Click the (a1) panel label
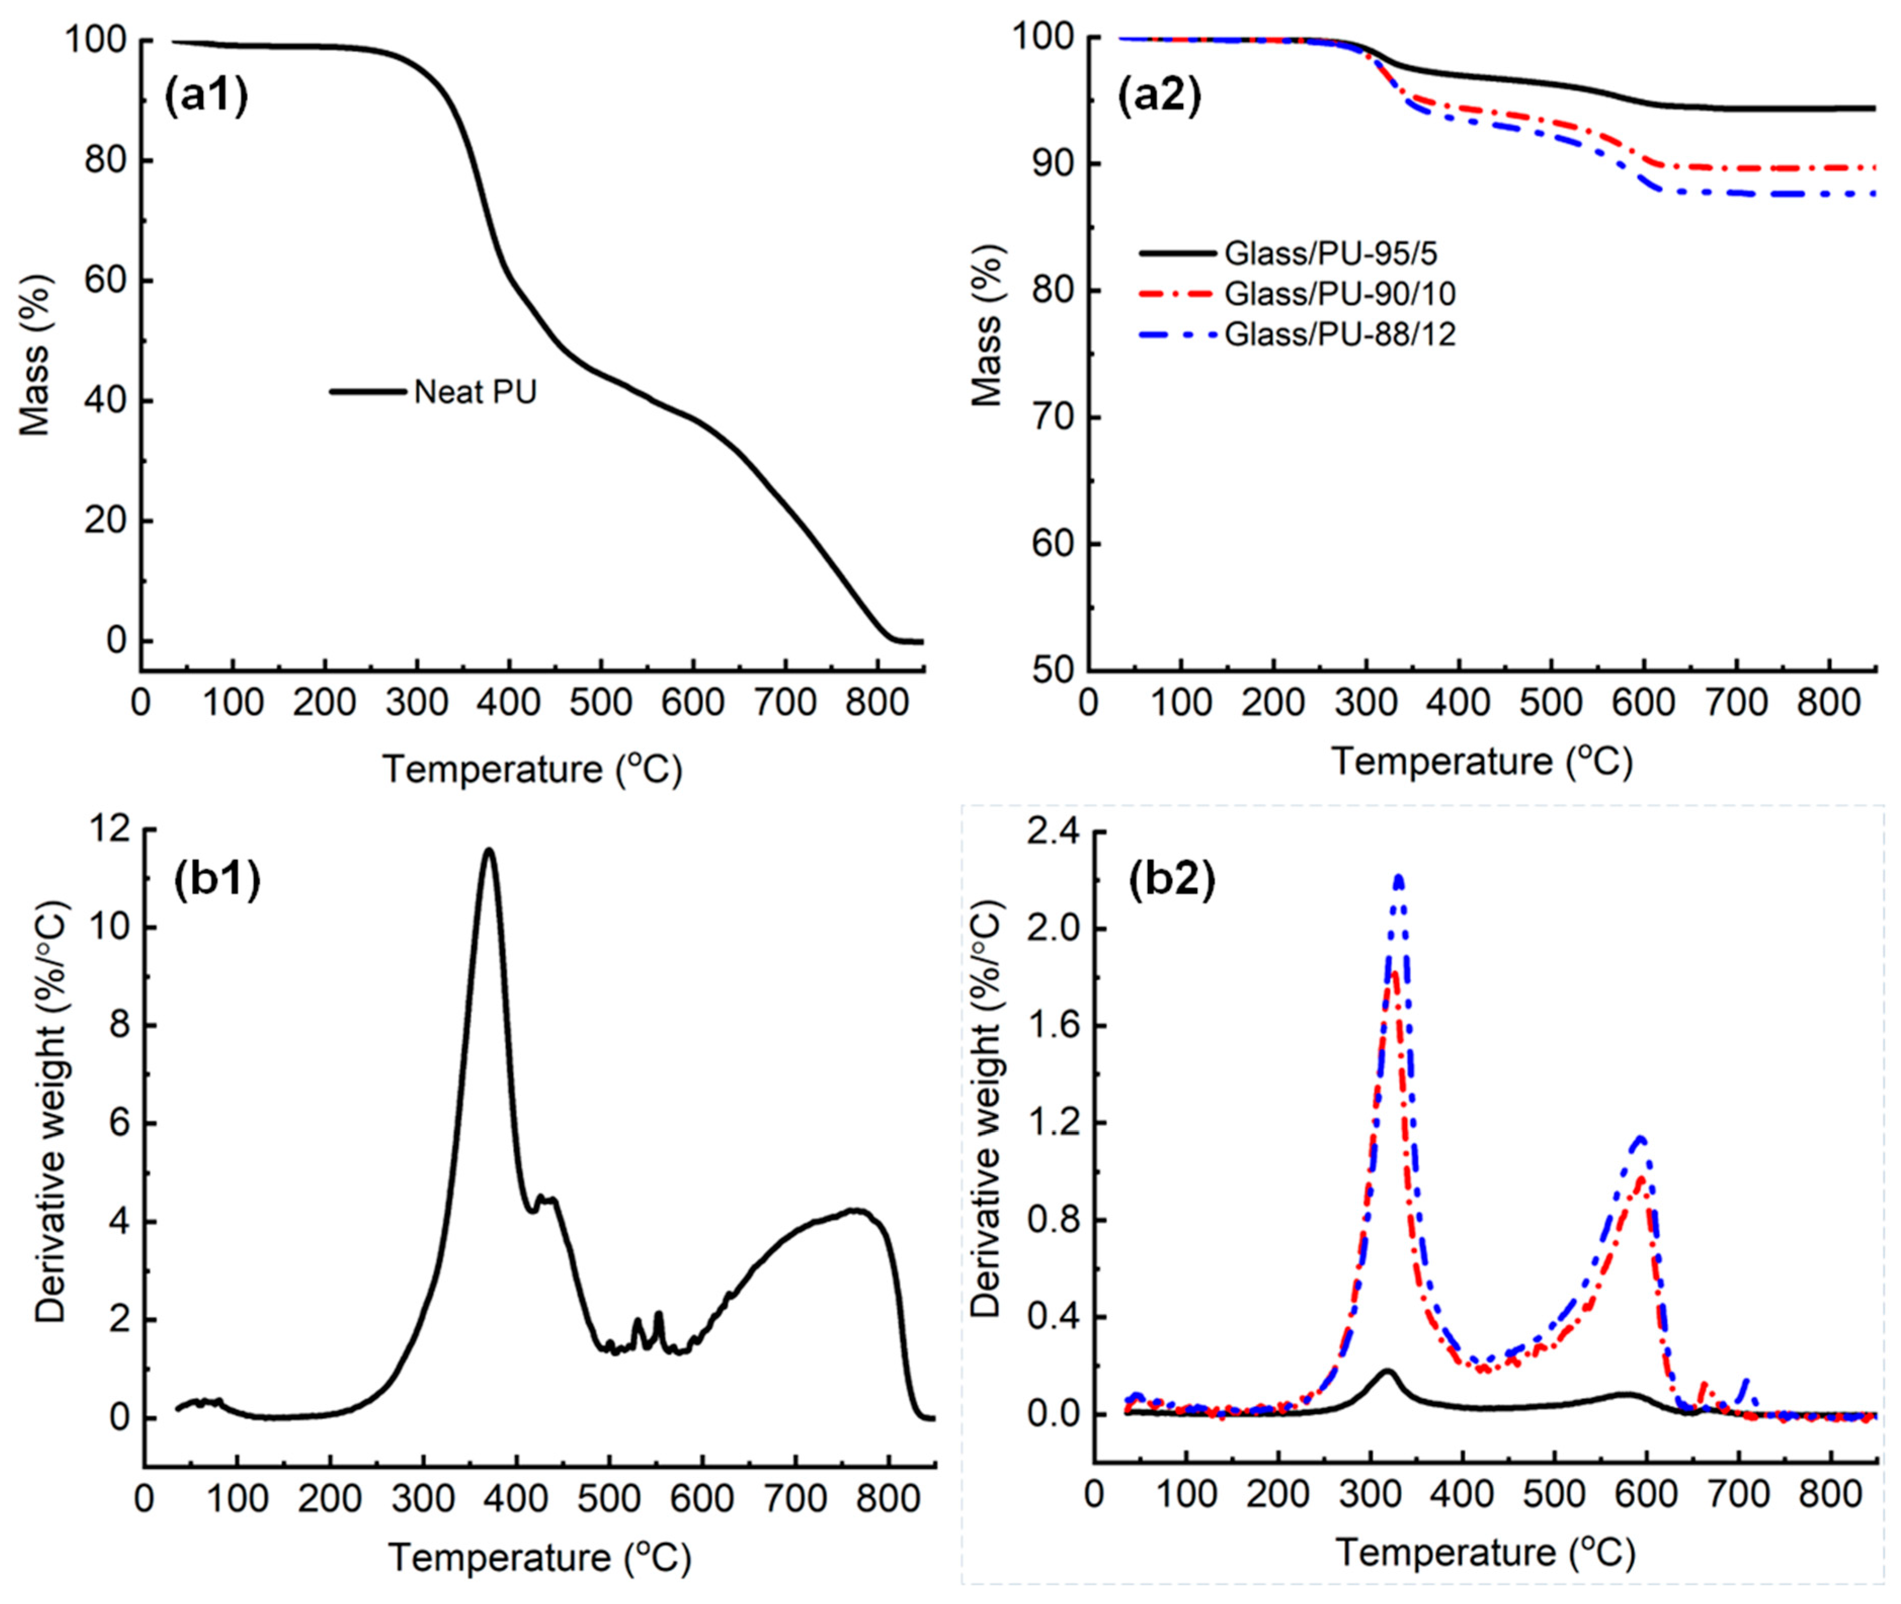pyautogui.click(x=206, y=98)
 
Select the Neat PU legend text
pyautogui.click(x=475, y=392)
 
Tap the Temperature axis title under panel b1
pyautogui.click(x=539, y=1557)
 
